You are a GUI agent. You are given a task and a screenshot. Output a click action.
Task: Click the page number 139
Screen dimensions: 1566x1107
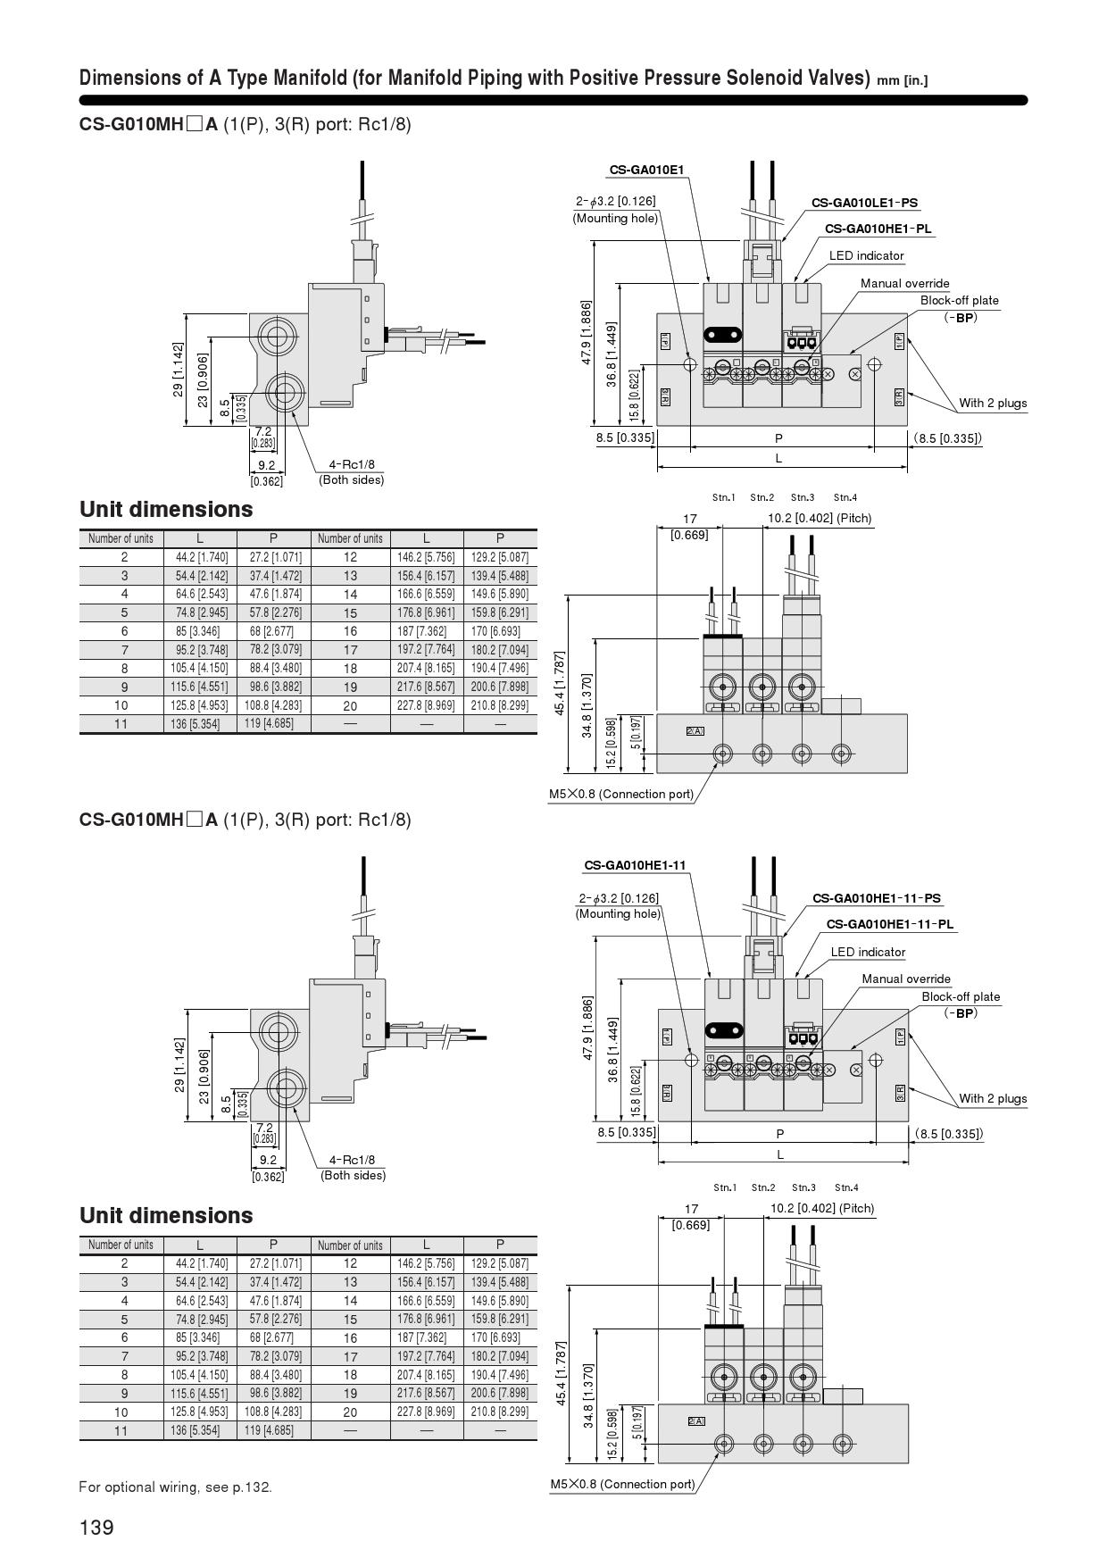point(96,1528)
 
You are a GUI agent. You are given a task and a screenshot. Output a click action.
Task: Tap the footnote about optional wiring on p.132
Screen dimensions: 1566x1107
point(175,1487)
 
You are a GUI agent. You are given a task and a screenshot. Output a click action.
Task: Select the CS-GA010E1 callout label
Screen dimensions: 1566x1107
point(646,170)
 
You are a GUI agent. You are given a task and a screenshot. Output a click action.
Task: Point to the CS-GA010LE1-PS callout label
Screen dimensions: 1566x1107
point(864,204)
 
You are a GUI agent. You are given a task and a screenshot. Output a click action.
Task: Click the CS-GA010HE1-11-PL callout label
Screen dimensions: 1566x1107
point(890,924)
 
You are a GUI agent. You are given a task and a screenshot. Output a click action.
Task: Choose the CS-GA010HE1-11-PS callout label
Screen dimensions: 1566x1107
point(877,898)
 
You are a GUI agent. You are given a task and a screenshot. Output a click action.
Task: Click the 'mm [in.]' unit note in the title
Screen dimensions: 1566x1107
point(902,80)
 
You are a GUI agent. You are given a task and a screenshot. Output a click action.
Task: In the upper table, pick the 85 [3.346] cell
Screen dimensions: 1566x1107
point(201,631)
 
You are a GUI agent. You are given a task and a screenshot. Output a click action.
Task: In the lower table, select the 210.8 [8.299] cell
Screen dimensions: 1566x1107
point(500,1412)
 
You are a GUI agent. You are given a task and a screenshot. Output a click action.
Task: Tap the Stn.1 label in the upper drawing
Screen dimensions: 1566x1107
point(724,497)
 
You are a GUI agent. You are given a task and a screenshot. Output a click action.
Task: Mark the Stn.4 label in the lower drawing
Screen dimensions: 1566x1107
point(846,1187)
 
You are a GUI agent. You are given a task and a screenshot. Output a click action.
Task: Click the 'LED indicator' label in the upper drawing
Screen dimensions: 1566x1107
point(866,255)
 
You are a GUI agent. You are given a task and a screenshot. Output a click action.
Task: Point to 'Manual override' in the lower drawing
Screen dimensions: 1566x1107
point(906,979)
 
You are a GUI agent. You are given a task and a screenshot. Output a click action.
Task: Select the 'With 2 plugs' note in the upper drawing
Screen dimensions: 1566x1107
point(993,403)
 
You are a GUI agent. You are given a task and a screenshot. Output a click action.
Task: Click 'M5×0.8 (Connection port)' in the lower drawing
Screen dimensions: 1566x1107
point(622,1484)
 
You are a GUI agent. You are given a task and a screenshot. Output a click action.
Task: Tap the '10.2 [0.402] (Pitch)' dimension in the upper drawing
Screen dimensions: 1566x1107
point(820,518)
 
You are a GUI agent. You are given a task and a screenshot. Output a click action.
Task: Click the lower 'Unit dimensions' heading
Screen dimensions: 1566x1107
point(166,1215)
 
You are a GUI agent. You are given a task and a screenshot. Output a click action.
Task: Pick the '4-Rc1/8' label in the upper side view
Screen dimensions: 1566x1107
point(352,464)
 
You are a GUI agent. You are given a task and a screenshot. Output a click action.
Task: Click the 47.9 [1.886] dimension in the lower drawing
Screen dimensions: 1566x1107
point(587,1029)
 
